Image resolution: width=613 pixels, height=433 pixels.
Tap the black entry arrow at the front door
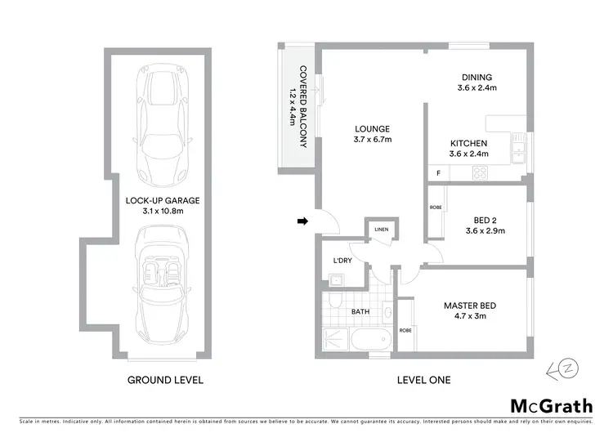pyautogui.click(x=302, y=221)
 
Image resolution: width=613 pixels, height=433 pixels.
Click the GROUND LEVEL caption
pyautogui.click(x=165, y=380)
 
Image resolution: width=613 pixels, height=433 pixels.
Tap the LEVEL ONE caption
pyautogui.click(x=423, y=380)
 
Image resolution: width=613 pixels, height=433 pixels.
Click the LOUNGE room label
pyautogui.click(x=371, y=128)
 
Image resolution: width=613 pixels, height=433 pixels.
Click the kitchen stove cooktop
pyautogui.click(x=481, y=173)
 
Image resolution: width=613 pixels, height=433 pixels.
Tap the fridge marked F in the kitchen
pyautogui.click(x=439, y=173)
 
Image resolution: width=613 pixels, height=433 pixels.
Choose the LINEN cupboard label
pyautogui.click(x=381, y=230)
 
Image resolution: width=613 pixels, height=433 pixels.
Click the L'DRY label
pyautogui.click(x=342, y=261)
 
